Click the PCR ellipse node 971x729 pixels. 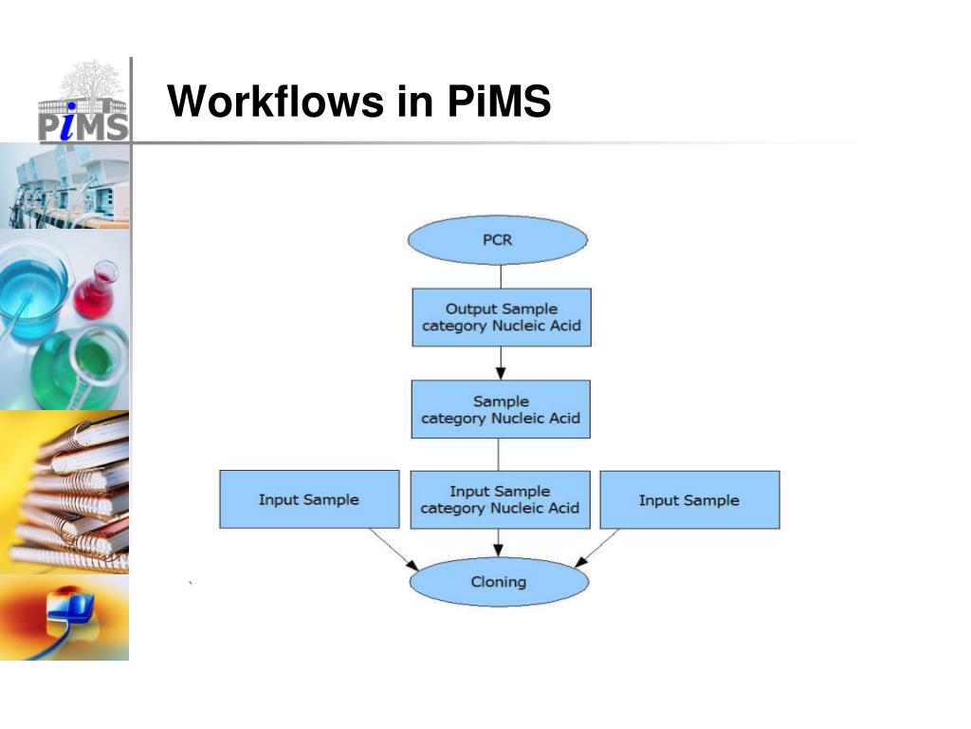[498, 239]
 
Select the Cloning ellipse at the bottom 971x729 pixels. [498, 582]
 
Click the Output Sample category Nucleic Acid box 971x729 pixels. [501, 317]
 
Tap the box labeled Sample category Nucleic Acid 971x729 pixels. [501, 409]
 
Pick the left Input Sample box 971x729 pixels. [309, 499]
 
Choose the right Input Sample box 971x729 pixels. [689, 499]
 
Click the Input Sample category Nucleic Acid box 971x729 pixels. [500, 499]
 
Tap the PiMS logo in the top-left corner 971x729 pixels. [83, 103]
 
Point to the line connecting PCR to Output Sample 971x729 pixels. [501, 276]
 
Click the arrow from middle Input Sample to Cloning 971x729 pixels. [499, 543]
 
